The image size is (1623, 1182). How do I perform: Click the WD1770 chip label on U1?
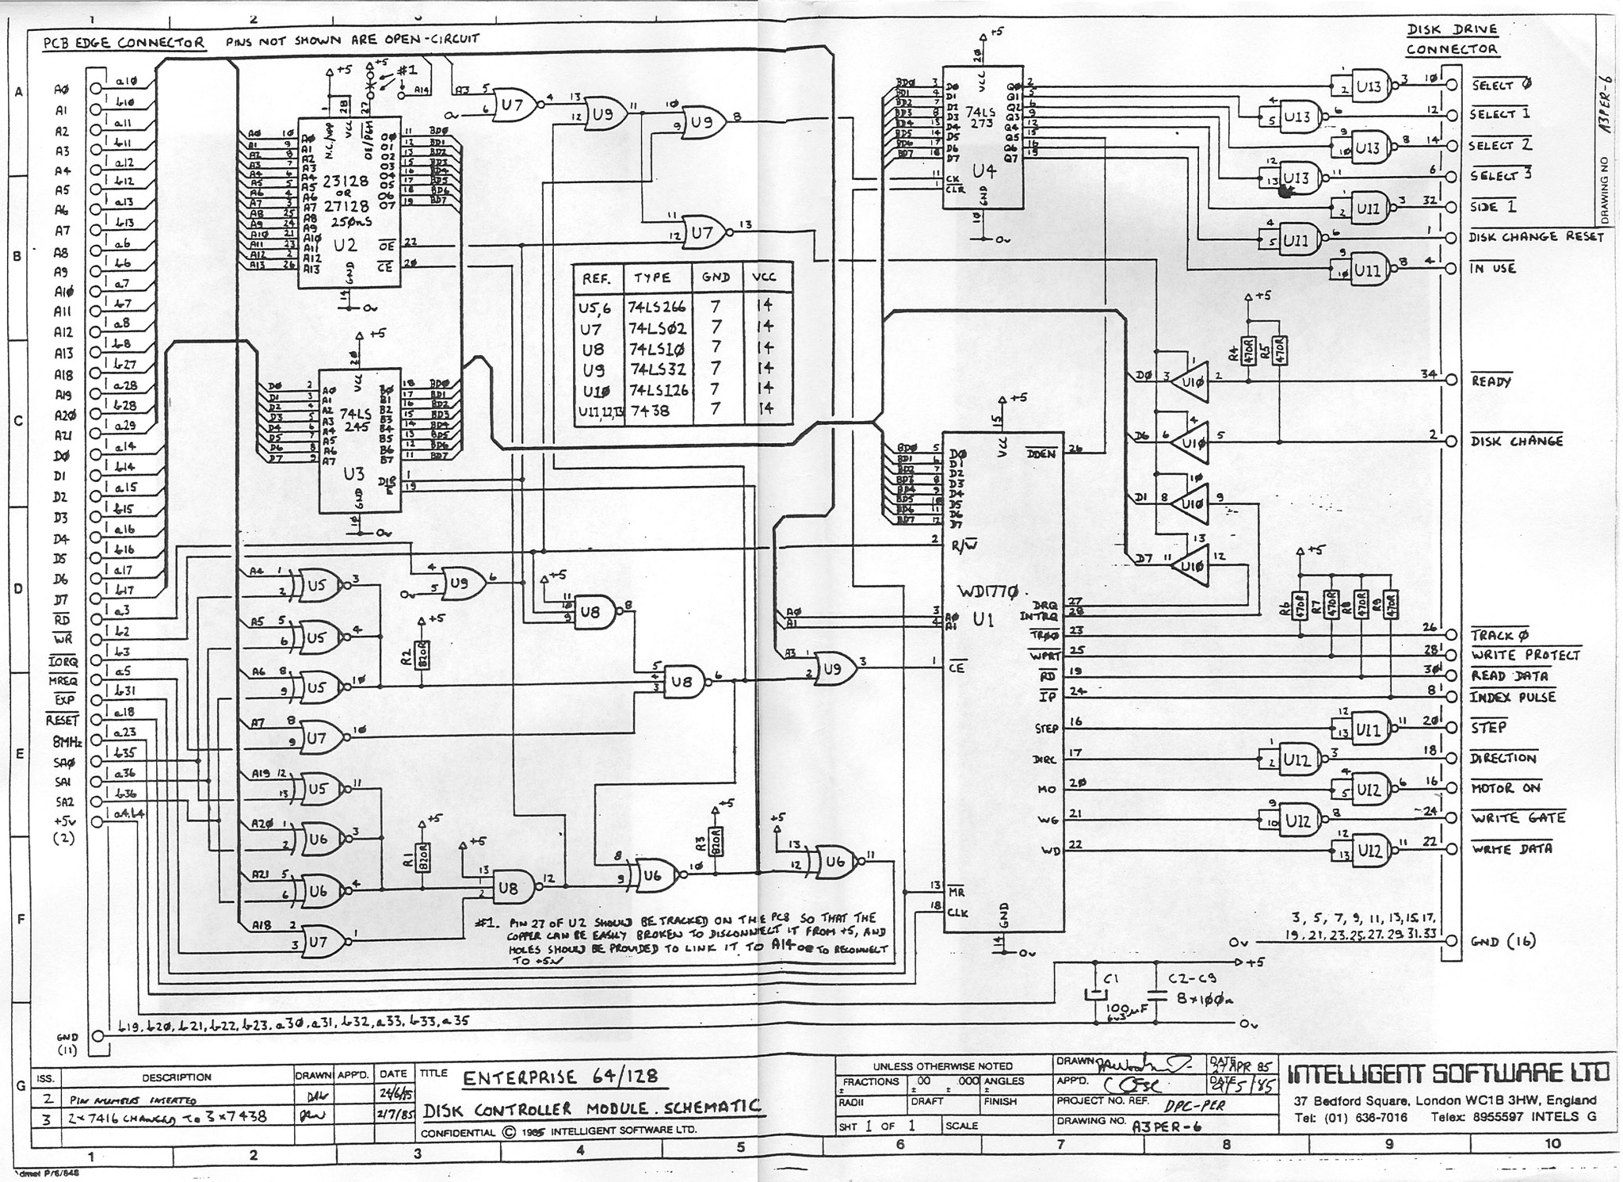coord(991,591)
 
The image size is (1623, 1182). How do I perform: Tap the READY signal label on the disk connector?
coord(1491,381)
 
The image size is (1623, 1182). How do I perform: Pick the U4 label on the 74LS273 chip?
coord(983,170)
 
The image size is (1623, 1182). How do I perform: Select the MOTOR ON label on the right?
coord(1505,788)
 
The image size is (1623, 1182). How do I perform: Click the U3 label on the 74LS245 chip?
coord(353,475)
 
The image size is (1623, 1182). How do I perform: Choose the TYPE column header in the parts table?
coord(651,278)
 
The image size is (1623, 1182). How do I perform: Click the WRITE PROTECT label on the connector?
coord(1525,656)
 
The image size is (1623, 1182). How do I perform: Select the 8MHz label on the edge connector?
coord(67,742)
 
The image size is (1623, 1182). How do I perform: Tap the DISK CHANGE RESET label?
coord(1536,237)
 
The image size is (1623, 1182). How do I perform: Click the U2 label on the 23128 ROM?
coord(346,246)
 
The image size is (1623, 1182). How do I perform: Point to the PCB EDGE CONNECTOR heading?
coord(124,43)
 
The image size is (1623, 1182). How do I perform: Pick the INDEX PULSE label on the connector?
coord(1513,698)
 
